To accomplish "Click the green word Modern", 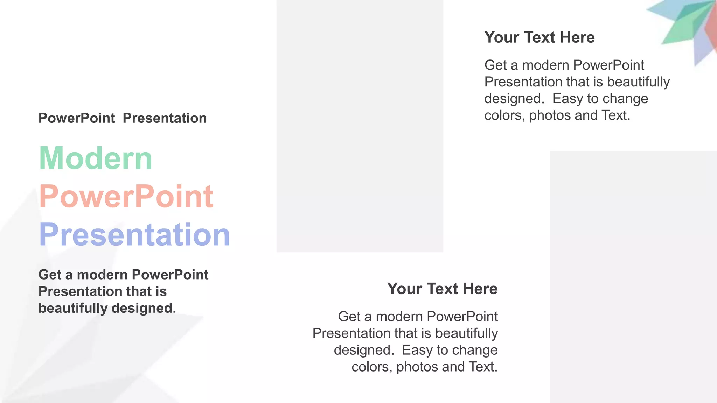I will tap(95, 158).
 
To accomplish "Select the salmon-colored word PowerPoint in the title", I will tap(126, 197).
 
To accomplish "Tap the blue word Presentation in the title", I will tap(134, 235).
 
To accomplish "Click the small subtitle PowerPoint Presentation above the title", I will tap(122, 118).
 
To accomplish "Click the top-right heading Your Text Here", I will tap(539, 37).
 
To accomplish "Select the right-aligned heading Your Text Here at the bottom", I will tap(442, 289).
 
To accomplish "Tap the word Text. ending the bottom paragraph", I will tap(483, 367).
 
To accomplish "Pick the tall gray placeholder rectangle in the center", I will tap(360, 126).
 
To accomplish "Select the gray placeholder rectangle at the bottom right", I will tap(633, 276).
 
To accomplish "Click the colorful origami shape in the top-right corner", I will tap(686, 28).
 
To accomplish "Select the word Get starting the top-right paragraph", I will tap(495, 65).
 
